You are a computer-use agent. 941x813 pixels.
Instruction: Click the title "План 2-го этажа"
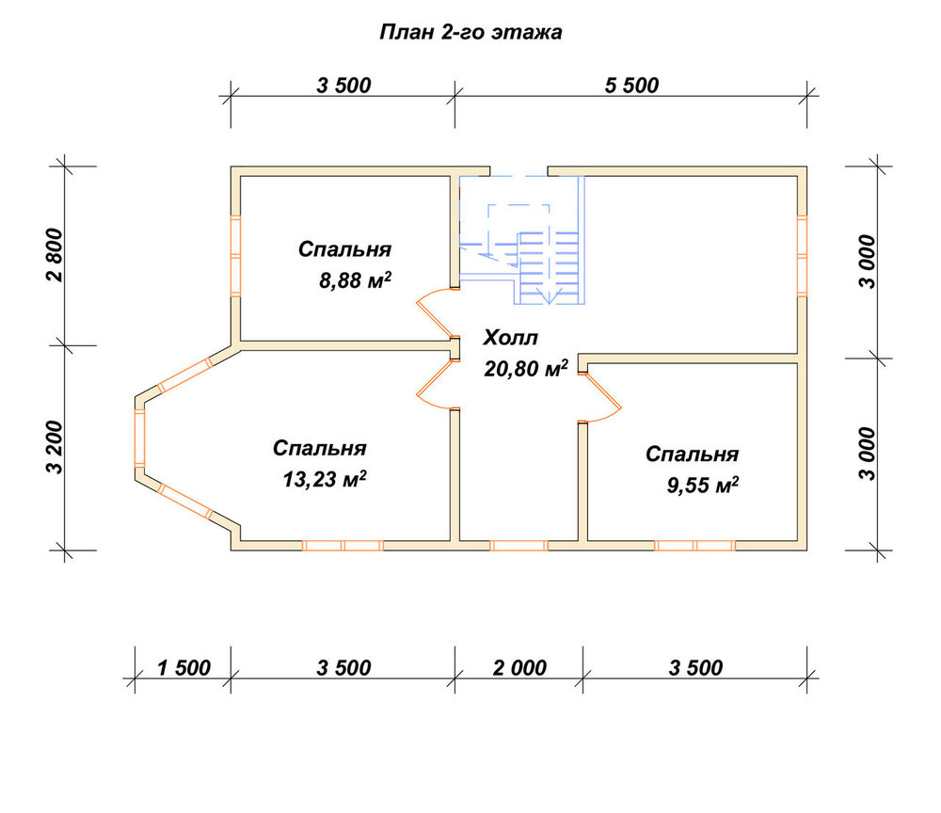pos(470,32)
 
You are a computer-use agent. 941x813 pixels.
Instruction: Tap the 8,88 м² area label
pos(356,280)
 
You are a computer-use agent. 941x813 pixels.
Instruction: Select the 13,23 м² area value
pos(324,479)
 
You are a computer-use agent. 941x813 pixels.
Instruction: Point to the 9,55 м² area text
pos(703,485)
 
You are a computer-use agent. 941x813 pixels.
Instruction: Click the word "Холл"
pos(511,338)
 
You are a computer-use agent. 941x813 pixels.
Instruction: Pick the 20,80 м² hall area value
pos(526,369)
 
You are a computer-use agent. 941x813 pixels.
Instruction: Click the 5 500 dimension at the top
pos(631,86)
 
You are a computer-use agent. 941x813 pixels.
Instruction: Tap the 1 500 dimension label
pos(183,668)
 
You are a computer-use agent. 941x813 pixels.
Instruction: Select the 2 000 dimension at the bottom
pos(519,668)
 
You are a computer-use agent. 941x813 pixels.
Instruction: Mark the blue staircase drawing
pos(522,240)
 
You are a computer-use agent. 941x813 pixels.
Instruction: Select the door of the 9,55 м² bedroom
pos(602,398)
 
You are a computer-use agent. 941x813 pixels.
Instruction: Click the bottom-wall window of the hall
pos(519,546)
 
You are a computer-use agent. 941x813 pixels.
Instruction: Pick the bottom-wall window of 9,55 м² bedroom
pos(695,546)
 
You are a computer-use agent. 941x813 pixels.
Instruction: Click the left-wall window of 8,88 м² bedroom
pos(236,256)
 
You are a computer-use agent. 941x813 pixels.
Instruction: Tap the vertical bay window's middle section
pos(140,438)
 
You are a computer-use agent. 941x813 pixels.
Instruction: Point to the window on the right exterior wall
pos(803,256)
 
